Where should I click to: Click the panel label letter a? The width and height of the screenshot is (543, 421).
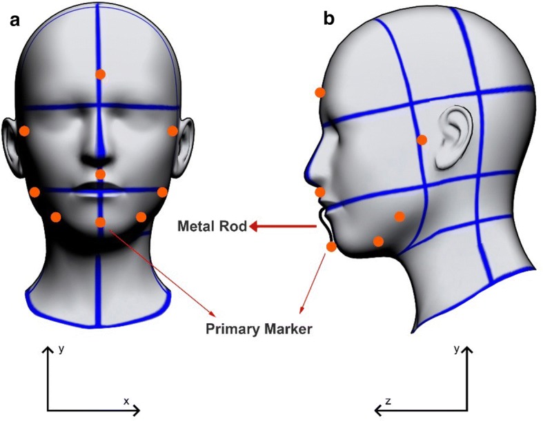[14, 20]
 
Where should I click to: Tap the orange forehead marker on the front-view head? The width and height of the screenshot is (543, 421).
[100, 74]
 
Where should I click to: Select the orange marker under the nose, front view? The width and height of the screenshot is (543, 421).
[100, 174]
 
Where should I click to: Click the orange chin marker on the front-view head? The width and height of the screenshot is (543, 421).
[101, 222]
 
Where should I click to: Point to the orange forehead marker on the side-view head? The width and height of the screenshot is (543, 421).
[319, 92]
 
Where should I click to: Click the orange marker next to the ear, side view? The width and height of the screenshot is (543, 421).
[422, 140]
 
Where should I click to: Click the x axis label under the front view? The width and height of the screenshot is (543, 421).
[126, 400]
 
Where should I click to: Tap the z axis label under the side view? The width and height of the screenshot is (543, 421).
[388, 400]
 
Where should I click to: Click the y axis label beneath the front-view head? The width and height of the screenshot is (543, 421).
[61, 349]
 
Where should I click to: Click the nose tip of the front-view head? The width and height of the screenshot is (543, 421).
[100, 159]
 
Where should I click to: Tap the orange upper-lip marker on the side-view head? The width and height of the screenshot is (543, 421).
[319, 192]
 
